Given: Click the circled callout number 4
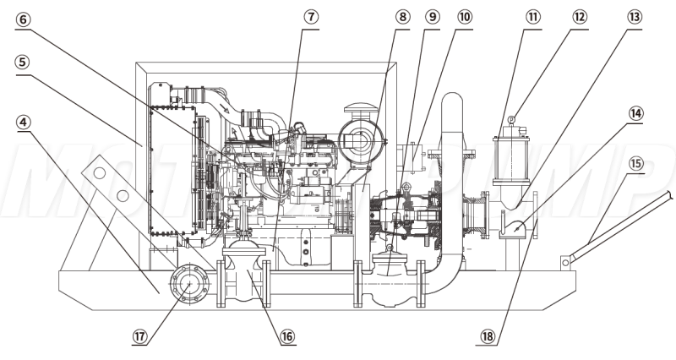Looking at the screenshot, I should (22, 122).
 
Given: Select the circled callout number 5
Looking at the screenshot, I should (22, 62).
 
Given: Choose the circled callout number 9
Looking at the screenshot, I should (432, 18).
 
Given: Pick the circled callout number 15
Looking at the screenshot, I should (637, 161).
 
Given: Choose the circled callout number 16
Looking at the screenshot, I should (288, 335).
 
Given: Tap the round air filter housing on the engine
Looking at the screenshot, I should (360, 139).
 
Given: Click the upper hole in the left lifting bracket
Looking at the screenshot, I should (100, 174).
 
